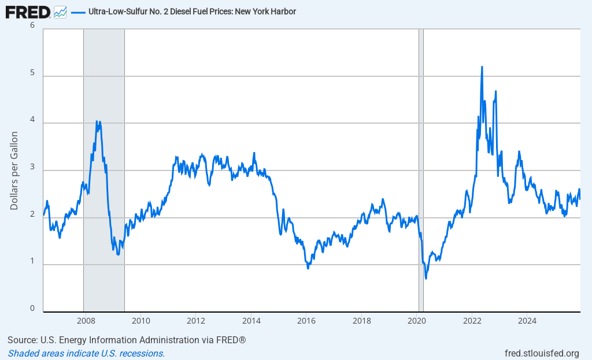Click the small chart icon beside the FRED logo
coord(60,12)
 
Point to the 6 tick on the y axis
coord(32,26)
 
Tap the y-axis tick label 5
coord(32,73)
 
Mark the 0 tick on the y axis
coord(32,309)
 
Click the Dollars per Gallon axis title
coord(14,170)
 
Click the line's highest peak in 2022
coord(482,66)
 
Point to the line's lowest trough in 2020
coord(426,279)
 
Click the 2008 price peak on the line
coord(97,121)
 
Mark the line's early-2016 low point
coord(308,268)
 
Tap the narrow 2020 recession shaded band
coord(421,173)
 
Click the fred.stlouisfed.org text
coord(541,353)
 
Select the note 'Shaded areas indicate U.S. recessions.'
coord(86,353)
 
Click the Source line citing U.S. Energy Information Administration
coord(127,340)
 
